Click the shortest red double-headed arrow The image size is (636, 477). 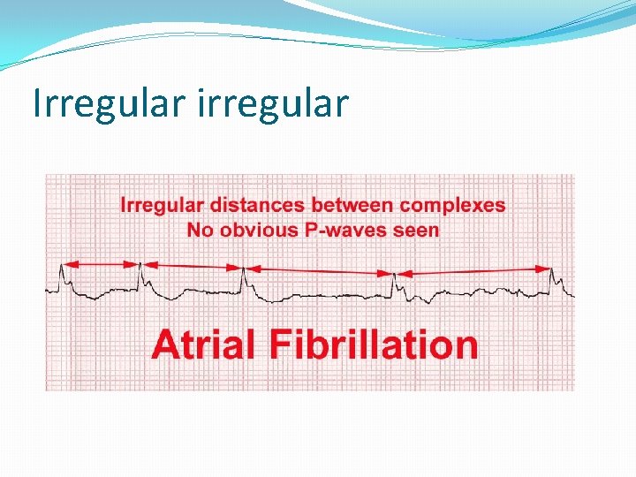99,262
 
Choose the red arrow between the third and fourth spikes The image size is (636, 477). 319,269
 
